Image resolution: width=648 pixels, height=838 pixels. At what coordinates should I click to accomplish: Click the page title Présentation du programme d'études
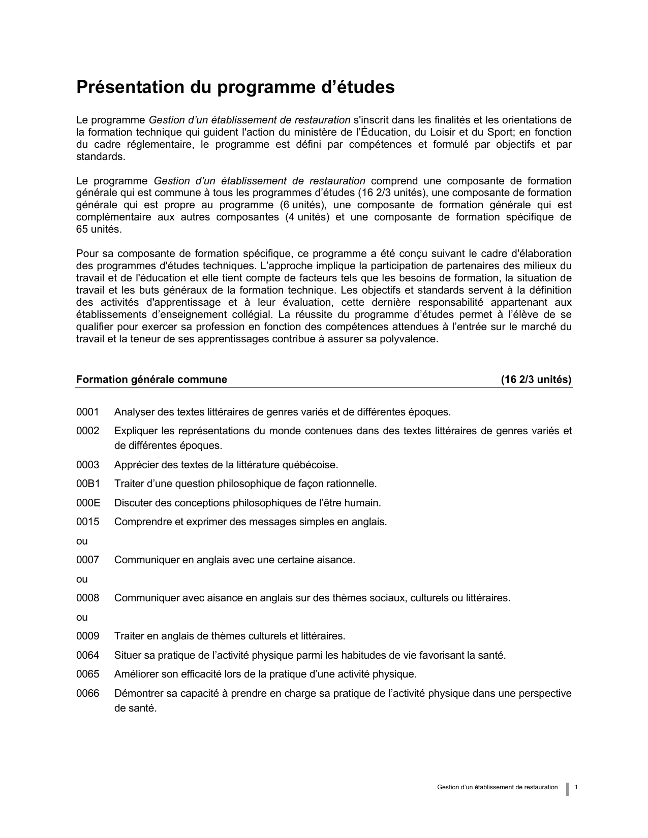click(x=235, y=87)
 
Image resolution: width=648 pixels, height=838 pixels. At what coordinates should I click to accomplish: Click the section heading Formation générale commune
click(x=151, y=380)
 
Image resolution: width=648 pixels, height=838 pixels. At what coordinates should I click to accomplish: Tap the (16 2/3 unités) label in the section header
click(x=536, y=380)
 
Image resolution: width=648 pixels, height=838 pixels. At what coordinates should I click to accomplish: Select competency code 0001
click(x=87, y=412)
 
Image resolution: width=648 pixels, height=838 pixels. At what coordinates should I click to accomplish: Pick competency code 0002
click(x=87, y=431)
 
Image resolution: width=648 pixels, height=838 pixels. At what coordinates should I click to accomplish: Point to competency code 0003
click(x=87, y=465)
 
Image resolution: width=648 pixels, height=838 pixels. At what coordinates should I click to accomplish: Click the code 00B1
click(x=88, y=484)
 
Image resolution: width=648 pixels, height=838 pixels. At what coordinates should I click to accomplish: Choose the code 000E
click(x=88, y=503)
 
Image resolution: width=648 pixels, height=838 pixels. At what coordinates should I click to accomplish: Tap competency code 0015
click(x=87, y=522)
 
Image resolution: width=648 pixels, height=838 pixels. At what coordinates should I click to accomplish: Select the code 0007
click(x=87, y=560)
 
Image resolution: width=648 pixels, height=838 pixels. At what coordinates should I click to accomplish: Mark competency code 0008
click(x=87, y=598)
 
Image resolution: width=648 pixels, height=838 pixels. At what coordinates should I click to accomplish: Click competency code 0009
click(x=87, y=636)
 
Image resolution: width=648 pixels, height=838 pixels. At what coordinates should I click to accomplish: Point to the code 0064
click(x=87, y=656)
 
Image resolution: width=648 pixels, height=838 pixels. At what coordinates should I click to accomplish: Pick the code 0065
click(x=87, y=674)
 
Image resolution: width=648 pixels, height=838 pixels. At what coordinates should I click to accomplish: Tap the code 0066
click(x=87, y=694)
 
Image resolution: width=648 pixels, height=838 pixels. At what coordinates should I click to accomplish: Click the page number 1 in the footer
click(x=576, y=788)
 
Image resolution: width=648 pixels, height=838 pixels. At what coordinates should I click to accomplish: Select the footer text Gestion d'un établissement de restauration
click(x=497, y=788)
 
